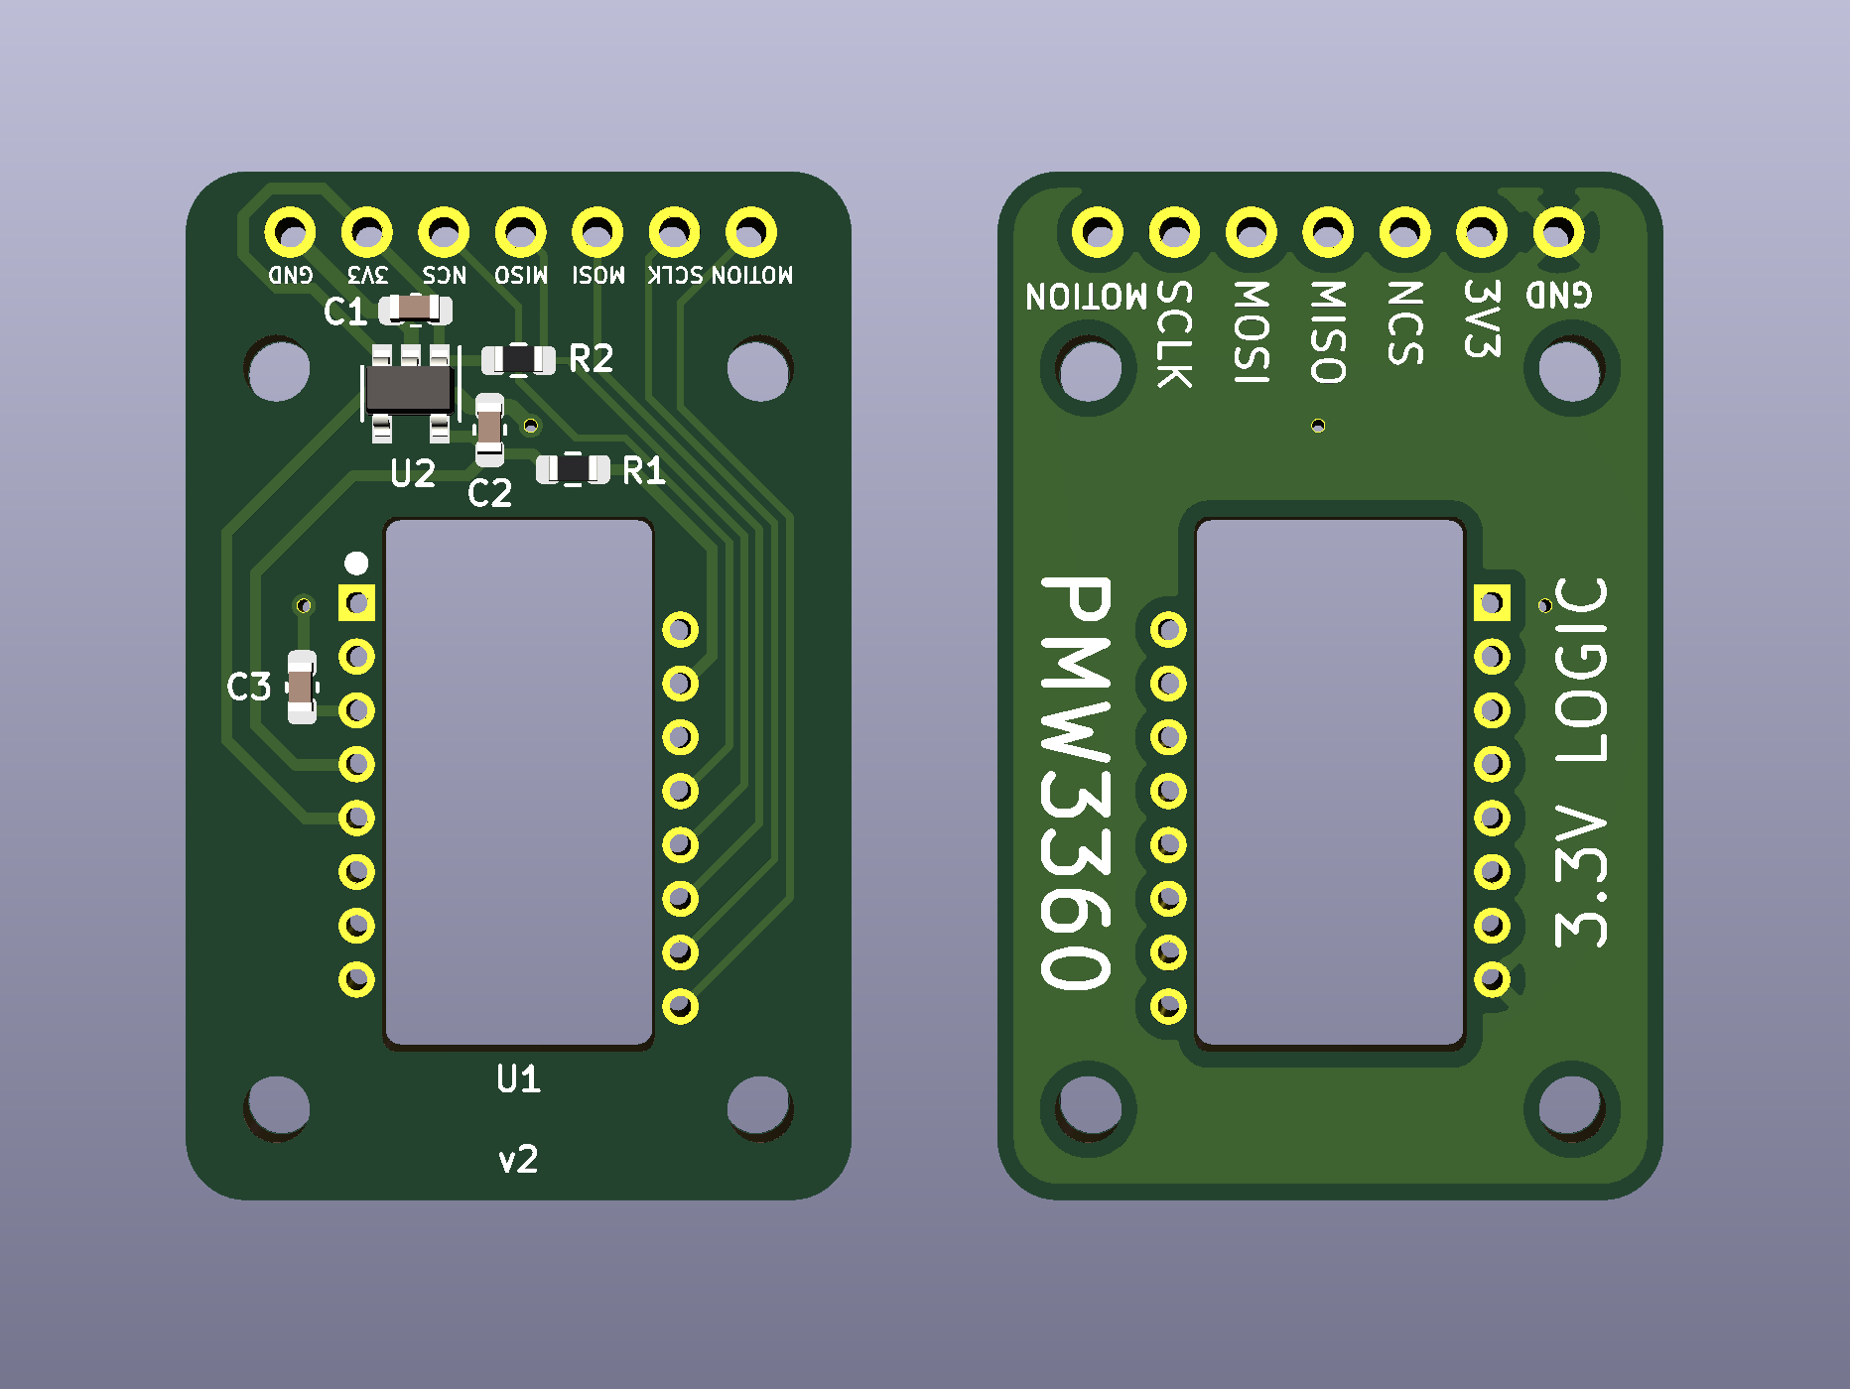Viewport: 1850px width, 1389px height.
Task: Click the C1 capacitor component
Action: click(416, 311)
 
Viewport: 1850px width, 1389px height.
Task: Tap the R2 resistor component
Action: click(518, 359)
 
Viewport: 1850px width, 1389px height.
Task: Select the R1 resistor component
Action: click(573, 469)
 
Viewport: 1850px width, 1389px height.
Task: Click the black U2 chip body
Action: click(409, 389)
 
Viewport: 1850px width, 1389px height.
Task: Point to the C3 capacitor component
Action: click(302, 687)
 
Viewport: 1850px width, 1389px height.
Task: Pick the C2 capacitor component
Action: click(489, 430)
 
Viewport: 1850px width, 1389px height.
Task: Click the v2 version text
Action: click(518, 1159)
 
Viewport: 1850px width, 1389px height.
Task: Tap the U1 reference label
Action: click(518, 1078)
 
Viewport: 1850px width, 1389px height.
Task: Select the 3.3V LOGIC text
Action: click(1580, 762)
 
